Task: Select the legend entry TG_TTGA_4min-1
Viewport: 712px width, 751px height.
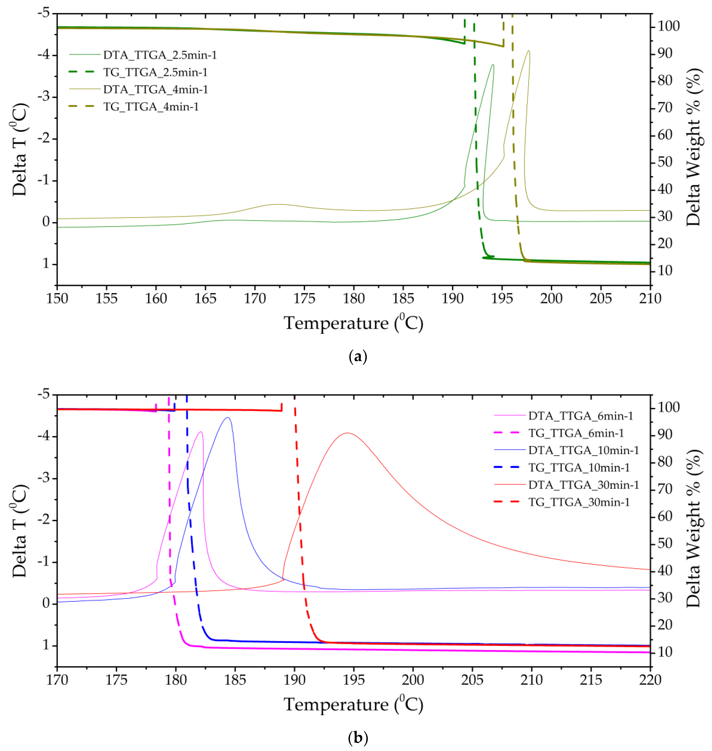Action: (x=151, y=107)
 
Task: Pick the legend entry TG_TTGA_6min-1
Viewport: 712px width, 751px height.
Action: (x=576, y=433)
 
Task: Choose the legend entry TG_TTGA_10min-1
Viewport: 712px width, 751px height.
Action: (x=579, y=468)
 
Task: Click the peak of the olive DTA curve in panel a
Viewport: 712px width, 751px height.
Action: (x=529, y=51)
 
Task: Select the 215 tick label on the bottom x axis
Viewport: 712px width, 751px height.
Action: (x=591, y=680)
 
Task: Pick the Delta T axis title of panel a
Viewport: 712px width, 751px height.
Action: (x=19, y=149)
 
